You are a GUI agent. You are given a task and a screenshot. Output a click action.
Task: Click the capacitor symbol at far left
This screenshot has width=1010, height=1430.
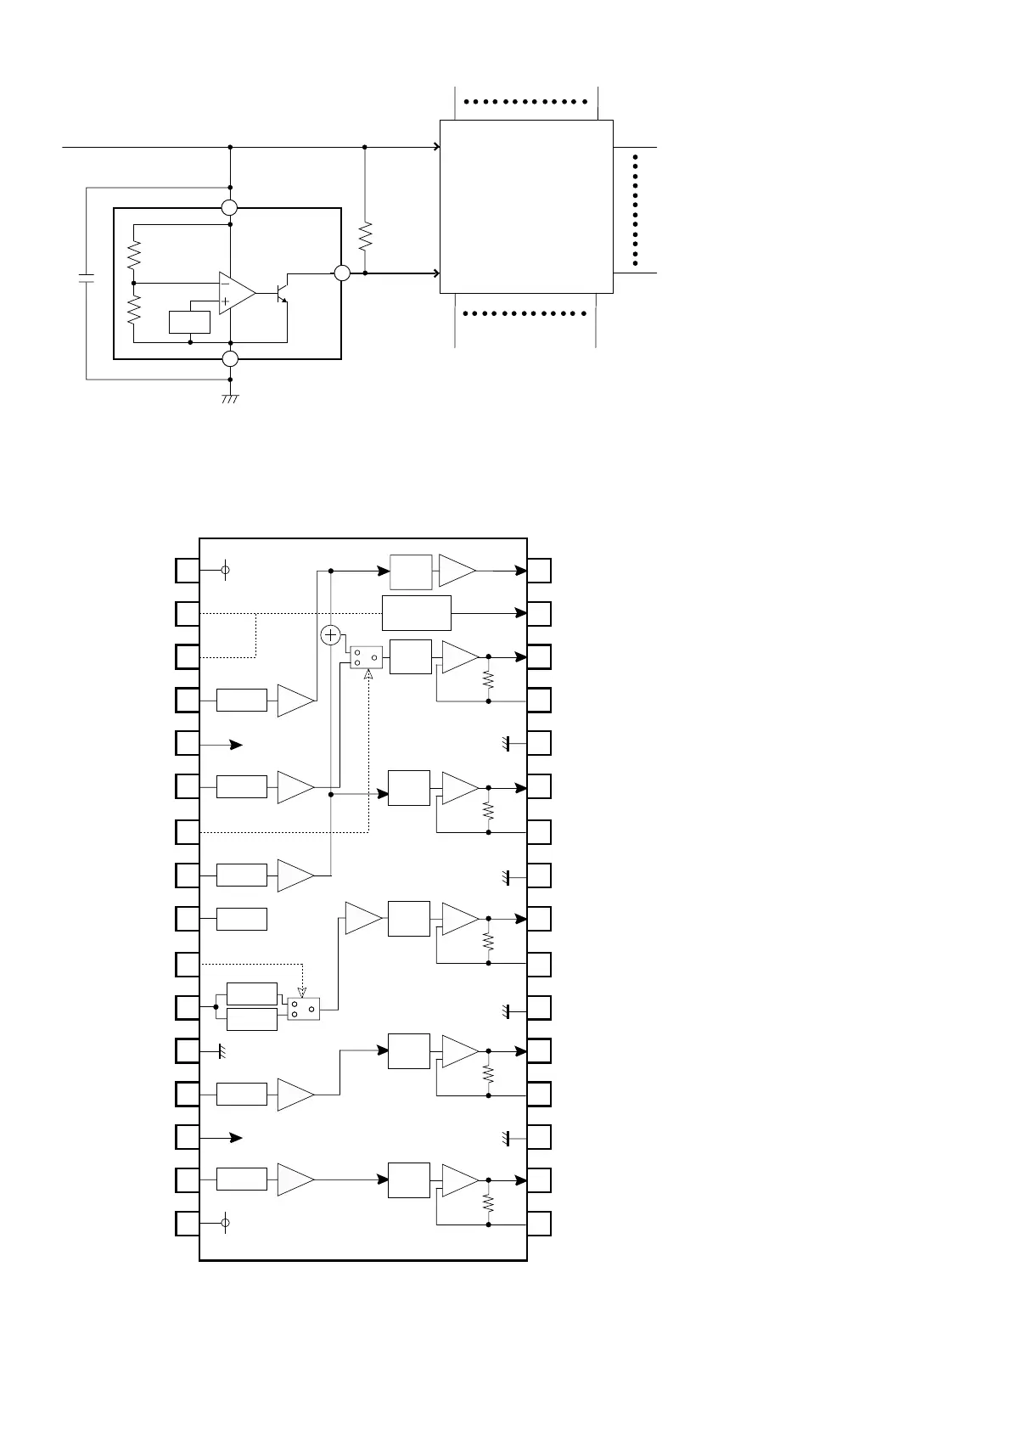tap(86, 279)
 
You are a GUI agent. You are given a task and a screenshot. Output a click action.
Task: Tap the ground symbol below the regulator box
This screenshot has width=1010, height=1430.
tap(230, 397)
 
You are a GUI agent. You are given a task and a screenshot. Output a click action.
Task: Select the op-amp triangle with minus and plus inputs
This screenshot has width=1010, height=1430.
tap(236, 293)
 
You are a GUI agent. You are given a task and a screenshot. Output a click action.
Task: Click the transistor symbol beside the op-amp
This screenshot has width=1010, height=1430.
tap(282, 290)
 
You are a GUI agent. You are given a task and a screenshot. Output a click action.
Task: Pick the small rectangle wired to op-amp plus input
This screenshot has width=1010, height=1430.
tap(190, 323)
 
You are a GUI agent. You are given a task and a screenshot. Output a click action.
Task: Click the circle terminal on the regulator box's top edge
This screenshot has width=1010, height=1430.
tap(230, 208)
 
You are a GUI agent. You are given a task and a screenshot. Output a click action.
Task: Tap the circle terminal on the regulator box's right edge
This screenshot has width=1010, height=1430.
tap(341, 273)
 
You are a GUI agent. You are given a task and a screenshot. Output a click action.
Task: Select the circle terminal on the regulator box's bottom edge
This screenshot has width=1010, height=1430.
tap(230, 358)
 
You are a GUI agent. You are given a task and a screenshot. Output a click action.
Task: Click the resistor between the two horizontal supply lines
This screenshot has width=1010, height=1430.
tap(365, 236)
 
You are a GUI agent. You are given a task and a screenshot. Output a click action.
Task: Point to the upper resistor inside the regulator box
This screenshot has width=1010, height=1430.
tap(134, 253)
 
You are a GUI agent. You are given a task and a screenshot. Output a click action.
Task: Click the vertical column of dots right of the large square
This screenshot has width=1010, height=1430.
tap(635, 210)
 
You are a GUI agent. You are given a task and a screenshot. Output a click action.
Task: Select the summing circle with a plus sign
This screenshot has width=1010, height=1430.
tap(331, 635)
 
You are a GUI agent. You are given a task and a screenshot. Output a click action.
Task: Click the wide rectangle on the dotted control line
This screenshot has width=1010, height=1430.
tap(416, 612)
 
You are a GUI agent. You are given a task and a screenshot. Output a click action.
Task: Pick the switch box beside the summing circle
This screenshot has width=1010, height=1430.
tap(367, 657)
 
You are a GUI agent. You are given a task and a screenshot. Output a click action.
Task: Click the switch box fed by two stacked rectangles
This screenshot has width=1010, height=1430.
tap(303, 1009)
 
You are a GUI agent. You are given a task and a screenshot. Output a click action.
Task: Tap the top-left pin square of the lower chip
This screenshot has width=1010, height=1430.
tap(188, 571)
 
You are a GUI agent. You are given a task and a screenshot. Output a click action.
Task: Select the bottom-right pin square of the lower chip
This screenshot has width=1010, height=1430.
tap(539, 1224)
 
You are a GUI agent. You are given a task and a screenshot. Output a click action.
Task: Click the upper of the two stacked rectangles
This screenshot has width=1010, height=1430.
tap(252, 994)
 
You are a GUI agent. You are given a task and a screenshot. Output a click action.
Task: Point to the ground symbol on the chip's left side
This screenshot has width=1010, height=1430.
tap(222, 1051)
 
